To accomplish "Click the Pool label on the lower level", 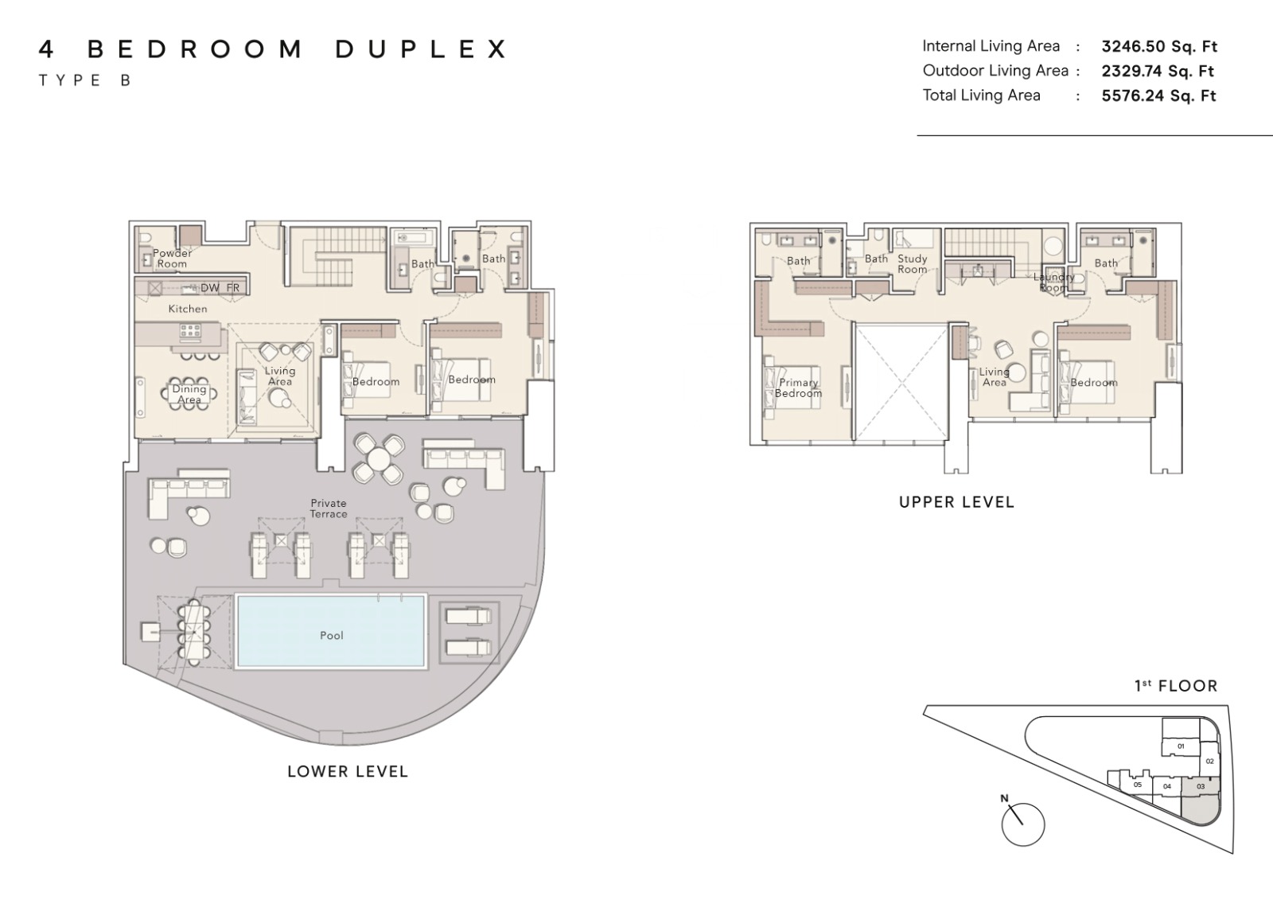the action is coord(331,636).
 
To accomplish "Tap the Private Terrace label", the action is coord(329,508).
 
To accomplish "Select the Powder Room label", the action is coord(172,259).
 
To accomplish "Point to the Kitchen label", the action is coord(188,309).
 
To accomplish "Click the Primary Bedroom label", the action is coord(799,388).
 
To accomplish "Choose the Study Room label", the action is coord(912,264).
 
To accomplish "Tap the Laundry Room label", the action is coord(1053,282).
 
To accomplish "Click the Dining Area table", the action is coord(189,393).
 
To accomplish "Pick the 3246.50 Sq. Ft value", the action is coord(1159,47).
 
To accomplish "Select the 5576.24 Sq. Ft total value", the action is coord(1158,95).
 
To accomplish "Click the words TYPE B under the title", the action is coord(85,80).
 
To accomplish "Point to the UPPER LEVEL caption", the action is coord(956,502).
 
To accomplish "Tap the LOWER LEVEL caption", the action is coord(348,772).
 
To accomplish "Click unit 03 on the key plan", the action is coord(1201,787).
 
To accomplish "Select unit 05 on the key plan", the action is coord(1137,785).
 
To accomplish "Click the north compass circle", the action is coord(1023,825).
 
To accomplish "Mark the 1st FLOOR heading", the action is coord(1176,686).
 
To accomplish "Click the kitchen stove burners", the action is coord(190,331).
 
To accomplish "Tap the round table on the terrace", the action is coord(379,458).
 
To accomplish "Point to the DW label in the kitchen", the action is coord(210,288).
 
